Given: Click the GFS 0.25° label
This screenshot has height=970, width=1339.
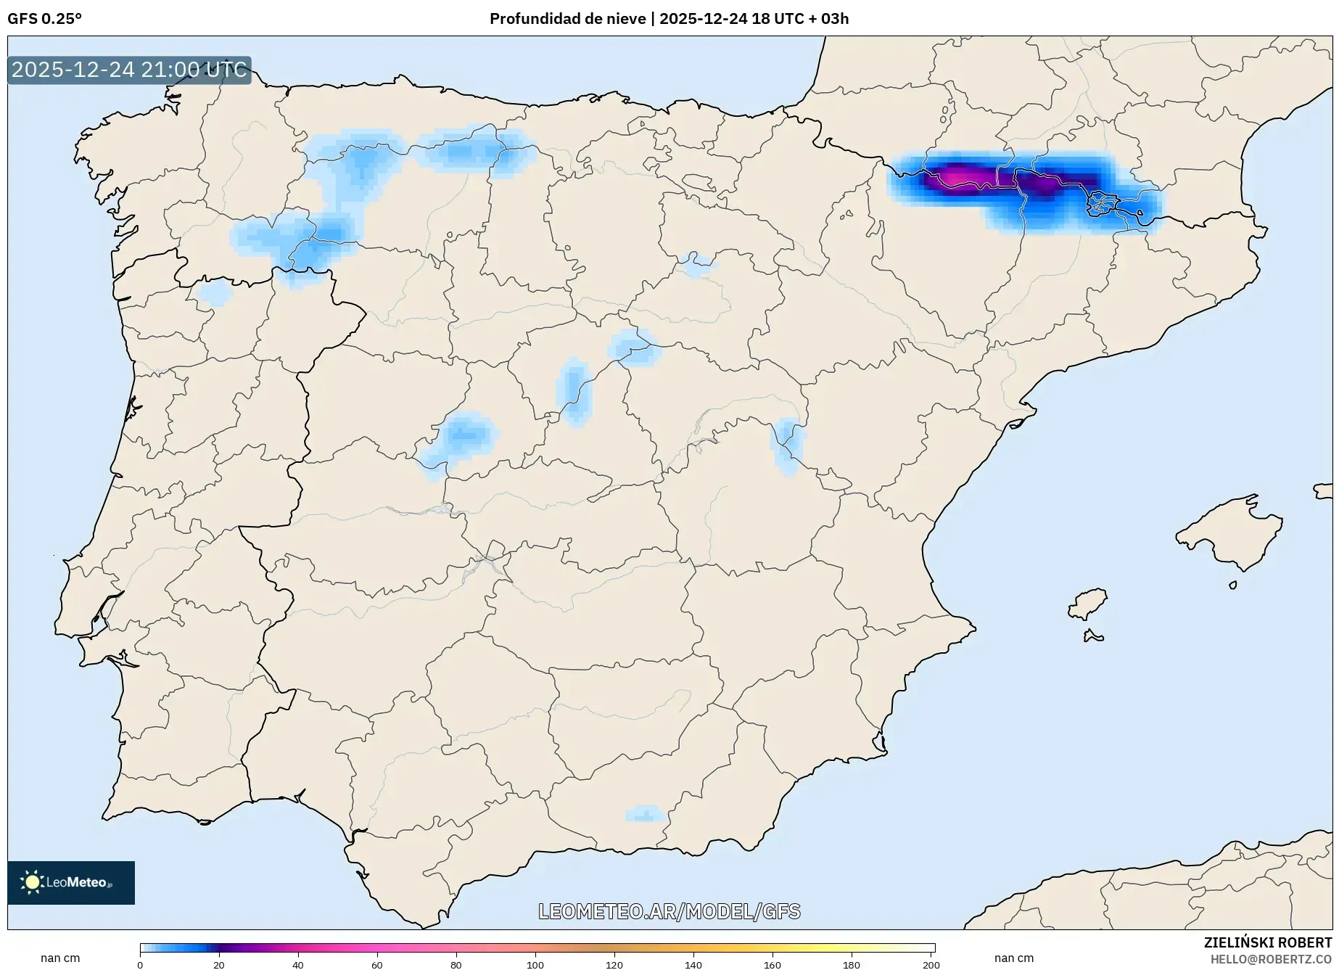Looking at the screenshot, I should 44,19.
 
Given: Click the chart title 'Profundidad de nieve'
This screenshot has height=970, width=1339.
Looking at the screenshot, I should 567,19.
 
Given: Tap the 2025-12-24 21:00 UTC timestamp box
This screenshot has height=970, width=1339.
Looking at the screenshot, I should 129,70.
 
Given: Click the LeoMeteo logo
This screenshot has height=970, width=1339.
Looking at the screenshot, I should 71,882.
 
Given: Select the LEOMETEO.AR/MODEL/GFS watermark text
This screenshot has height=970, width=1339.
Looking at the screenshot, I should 669,911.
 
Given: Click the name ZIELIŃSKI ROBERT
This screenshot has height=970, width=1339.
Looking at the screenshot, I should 1267,942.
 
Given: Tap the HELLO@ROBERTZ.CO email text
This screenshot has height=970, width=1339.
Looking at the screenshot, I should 1271,959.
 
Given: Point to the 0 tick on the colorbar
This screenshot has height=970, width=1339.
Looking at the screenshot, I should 140,964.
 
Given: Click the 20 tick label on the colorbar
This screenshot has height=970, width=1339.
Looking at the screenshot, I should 219,964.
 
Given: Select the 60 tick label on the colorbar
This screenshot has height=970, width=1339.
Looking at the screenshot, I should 377,964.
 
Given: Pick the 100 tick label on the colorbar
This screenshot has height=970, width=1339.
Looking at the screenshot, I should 535,964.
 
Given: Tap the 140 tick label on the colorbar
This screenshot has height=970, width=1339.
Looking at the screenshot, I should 693,964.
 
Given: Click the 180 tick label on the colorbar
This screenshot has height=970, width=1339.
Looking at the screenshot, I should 852,964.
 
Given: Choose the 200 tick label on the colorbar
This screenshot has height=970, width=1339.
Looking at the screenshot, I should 931,964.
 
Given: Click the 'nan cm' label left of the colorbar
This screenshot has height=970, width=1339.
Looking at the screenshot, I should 60,958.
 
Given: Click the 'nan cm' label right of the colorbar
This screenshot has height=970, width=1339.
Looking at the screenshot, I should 1014,958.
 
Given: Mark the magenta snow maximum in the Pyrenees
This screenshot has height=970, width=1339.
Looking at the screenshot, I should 956,176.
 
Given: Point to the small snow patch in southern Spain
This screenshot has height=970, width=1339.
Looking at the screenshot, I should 644,813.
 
